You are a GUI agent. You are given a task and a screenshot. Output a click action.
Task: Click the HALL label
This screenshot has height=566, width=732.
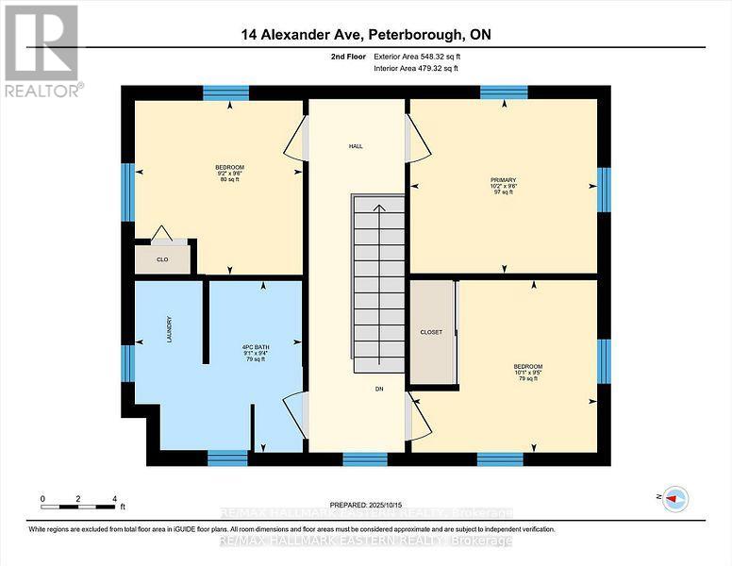(356, 146)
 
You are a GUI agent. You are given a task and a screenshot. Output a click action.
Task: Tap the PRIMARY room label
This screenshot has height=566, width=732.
(503, 179)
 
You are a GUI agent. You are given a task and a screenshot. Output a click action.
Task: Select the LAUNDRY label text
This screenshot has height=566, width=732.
(170, 328)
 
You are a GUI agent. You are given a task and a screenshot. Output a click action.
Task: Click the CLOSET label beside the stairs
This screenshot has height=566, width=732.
(430, 332)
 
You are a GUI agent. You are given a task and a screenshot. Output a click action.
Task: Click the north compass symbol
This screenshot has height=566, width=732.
(674, 499)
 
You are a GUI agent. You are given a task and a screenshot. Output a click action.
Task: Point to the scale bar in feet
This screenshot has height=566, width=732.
(78, 497)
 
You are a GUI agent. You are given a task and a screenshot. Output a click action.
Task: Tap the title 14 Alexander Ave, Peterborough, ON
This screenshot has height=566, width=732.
(366, 35)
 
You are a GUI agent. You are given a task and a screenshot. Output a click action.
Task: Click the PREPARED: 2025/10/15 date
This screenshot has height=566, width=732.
(365, 505)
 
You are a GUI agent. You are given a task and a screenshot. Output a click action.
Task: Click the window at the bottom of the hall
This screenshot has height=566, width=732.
(364, 458)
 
